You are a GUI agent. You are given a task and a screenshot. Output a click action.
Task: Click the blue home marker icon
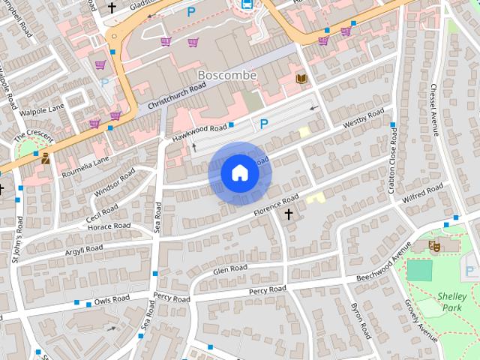coord(240,173)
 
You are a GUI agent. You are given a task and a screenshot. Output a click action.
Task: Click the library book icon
coord(301,79)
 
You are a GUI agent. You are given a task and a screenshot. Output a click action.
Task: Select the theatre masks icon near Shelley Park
coord(434,245)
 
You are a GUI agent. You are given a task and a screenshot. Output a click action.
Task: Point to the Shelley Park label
coord(452,301)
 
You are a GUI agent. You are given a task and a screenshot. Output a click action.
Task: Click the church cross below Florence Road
coord(289,215)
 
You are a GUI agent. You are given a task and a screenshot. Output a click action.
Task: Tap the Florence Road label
coord(275,202)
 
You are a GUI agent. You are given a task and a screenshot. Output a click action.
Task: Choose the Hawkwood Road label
coord(199,132)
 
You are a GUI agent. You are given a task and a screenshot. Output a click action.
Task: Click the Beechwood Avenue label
coord(383,265)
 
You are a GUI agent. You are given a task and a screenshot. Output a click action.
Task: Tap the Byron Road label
coord(361,321)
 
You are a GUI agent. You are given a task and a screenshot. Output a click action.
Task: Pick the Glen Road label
coord(229,269)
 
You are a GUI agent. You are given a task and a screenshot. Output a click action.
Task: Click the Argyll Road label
coord(84,248)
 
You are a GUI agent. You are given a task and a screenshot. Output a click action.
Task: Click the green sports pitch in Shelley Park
coord(419,270)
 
